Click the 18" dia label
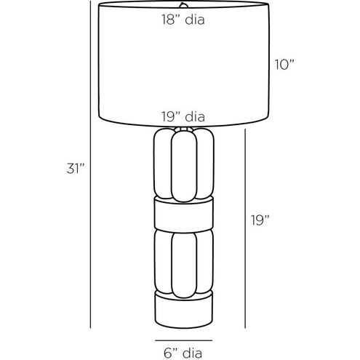coord(183,20)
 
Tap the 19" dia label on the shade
coord(183,117)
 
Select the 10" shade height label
coord(284,65)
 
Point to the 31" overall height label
coord(76,168)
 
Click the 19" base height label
coord(260,220)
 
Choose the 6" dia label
coord(183,353)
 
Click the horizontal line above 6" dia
coord(184,340)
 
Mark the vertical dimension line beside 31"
coord(90,164)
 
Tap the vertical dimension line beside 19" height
coord(245,228)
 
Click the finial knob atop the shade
coord(184,4)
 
